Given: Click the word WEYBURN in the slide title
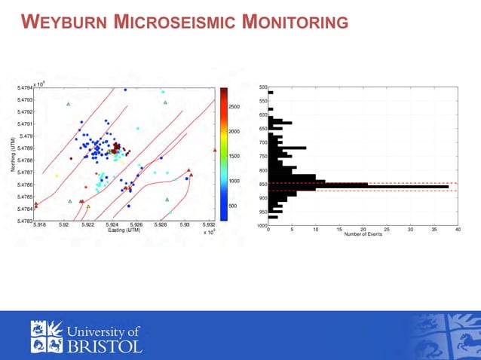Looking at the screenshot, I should (64, 23).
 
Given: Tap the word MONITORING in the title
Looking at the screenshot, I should (296, 23).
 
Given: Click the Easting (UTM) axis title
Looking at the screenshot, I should (124, 230).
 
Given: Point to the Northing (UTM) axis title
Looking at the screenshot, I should (14, 154).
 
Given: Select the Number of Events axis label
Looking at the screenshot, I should (363, 234).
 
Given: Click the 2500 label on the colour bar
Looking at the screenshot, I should (234, 107).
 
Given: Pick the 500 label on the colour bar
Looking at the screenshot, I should (232, 206).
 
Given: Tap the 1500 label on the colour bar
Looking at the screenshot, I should (234, 156).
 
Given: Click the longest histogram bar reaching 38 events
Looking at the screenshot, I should (358, 186).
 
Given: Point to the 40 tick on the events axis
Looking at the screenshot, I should (458, 229).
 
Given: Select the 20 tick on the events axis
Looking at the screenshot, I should (363, 229).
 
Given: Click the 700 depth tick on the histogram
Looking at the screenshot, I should (262, 142).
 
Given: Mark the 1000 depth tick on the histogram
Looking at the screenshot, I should (261, 225).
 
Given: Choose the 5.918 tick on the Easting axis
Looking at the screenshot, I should (40, 224).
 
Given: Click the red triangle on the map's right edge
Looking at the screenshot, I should (215, 150).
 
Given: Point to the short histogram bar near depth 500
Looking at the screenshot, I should (270, 93).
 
